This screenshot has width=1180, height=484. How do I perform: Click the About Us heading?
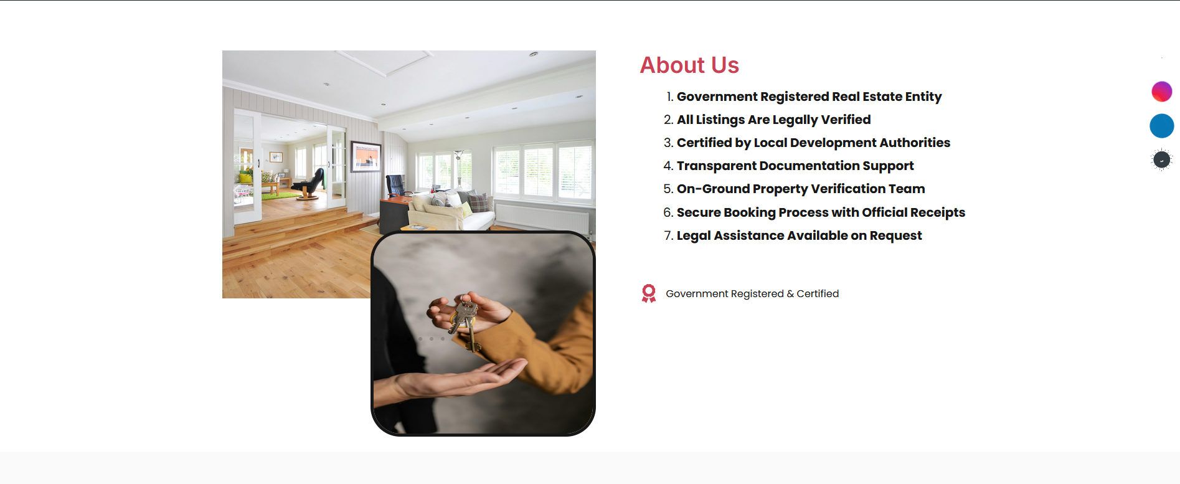[x=689, y=65]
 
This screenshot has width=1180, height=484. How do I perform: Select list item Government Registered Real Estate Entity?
[x=809, y=97]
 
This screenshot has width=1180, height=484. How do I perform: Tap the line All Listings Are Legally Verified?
[x=773, y=120]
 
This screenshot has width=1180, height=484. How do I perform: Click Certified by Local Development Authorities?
[x=813, y=143]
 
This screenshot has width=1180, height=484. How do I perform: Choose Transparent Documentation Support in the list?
[x=795, y=166]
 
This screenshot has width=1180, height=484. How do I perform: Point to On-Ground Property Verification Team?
[x=801, y=189]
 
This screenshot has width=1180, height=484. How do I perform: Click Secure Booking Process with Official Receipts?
[x=821, y=212]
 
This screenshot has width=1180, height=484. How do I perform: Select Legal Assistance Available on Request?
[x=799, y=235]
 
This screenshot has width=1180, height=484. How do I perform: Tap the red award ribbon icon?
[x=649, y=293]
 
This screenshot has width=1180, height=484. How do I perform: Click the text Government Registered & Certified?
[x=752, y=293]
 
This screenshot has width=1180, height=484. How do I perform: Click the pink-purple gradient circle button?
[x=1162, y=92]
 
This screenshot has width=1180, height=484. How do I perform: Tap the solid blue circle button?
[x=1162, y=126]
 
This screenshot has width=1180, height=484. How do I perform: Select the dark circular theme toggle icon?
[x=1161, y=160]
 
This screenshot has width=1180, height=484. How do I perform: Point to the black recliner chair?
[x=308, y=183]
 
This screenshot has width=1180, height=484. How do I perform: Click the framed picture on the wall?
[x=366, y=156]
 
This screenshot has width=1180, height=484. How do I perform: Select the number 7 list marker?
[x=668, y=235]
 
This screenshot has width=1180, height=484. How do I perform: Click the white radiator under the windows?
[x=542, y=218]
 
